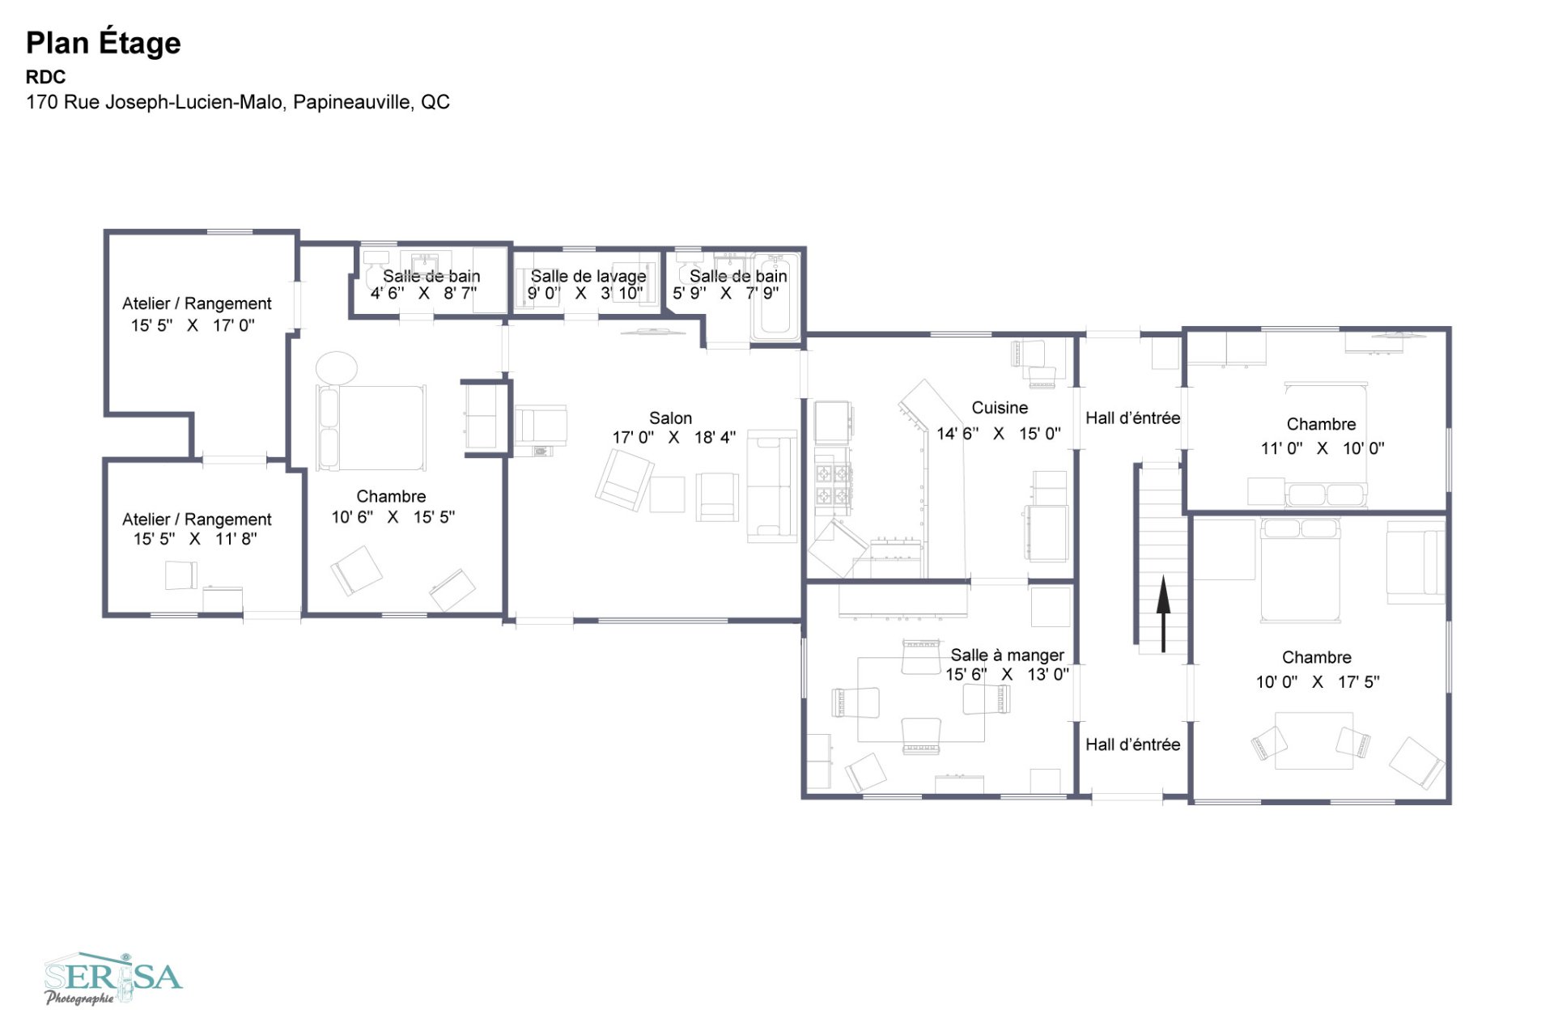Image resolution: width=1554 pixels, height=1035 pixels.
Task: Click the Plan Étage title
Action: (x=103, y=42)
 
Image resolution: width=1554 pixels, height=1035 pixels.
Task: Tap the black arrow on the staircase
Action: (x=1163, y=613)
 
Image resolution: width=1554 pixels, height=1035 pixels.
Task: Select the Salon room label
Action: (x=670, y=418)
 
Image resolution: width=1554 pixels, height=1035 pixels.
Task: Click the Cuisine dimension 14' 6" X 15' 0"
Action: (x=998, y=434)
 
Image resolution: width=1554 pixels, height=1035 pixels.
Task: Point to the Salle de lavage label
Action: (x=588, y=276)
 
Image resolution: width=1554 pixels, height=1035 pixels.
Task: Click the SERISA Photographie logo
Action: (x=113, y=978)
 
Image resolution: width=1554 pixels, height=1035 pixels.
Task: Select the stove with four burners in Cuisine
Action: (x=832, y=484)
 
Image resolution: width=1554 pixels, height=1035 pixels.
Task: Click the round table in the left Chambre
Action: (x=336, y=368)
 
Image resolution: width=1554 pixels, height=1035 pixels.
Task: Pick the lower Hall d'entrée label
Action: (x=1132, y=744)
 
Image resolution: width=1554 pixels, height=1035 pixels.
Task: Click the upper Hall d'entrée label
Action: (x=1132, y=418)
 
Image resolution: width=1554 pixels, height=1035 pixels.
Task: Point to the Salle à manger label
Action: (x=1007, y=655)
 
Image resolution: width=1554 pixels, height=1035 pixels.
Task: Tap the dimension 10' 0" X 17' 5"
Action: (x=1317, y=682)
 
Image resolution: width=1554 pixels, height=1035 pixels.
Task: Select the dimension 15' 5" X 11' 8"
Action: (x=195, y=539)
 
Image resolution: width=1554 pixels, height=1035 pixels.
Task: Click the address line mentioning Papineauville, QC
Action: (x=237, y=102)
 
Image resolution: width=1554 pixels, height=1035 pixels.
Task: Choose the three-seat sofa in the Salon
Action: (x=771, y=486)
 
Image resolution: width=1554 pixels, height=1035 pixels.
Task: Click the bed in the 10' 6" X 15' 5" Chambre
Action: (x=372, y=428)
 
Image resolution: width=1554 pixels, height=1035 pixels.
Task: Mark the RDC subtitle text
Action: (x=45, y=77)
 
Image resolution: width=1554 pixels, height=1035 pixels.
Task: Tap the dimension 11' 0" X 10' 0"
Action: (x=1322, y=448)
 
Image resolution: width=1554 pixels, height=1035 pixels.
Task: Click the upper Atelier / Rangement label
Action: (x=197, y=303)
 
